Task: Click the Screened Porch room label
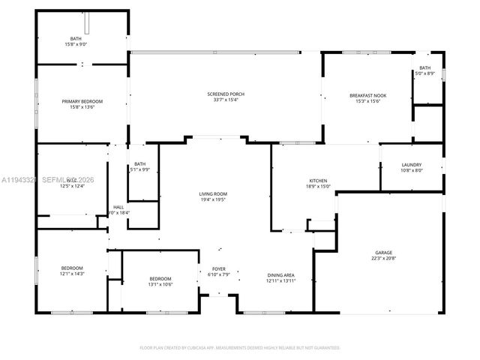pos(226,94)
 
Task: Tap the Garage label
pos(384,253)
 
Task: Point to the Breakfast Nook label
pos(367,95)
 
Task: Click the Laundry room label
pos(411,165)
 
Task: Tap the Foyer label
pos(218,268)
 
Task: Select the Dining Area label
pos(280,275)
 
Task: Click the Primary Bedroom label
pos(82,101)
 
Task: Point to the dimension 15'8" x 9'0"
pos(76,44)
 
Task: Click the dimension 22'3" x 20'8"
pos(384,259)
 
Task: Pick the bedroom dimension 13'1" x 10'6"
pos(160,284)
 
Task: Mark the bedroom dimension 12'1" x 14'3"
pos(72,274)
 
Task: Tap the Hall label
pos(118,207)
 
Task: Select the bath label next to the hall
pos(140,164)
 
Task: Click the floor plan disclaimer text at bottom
pos(240,347)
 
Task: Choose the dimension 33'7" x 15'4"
pos(226,100)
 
